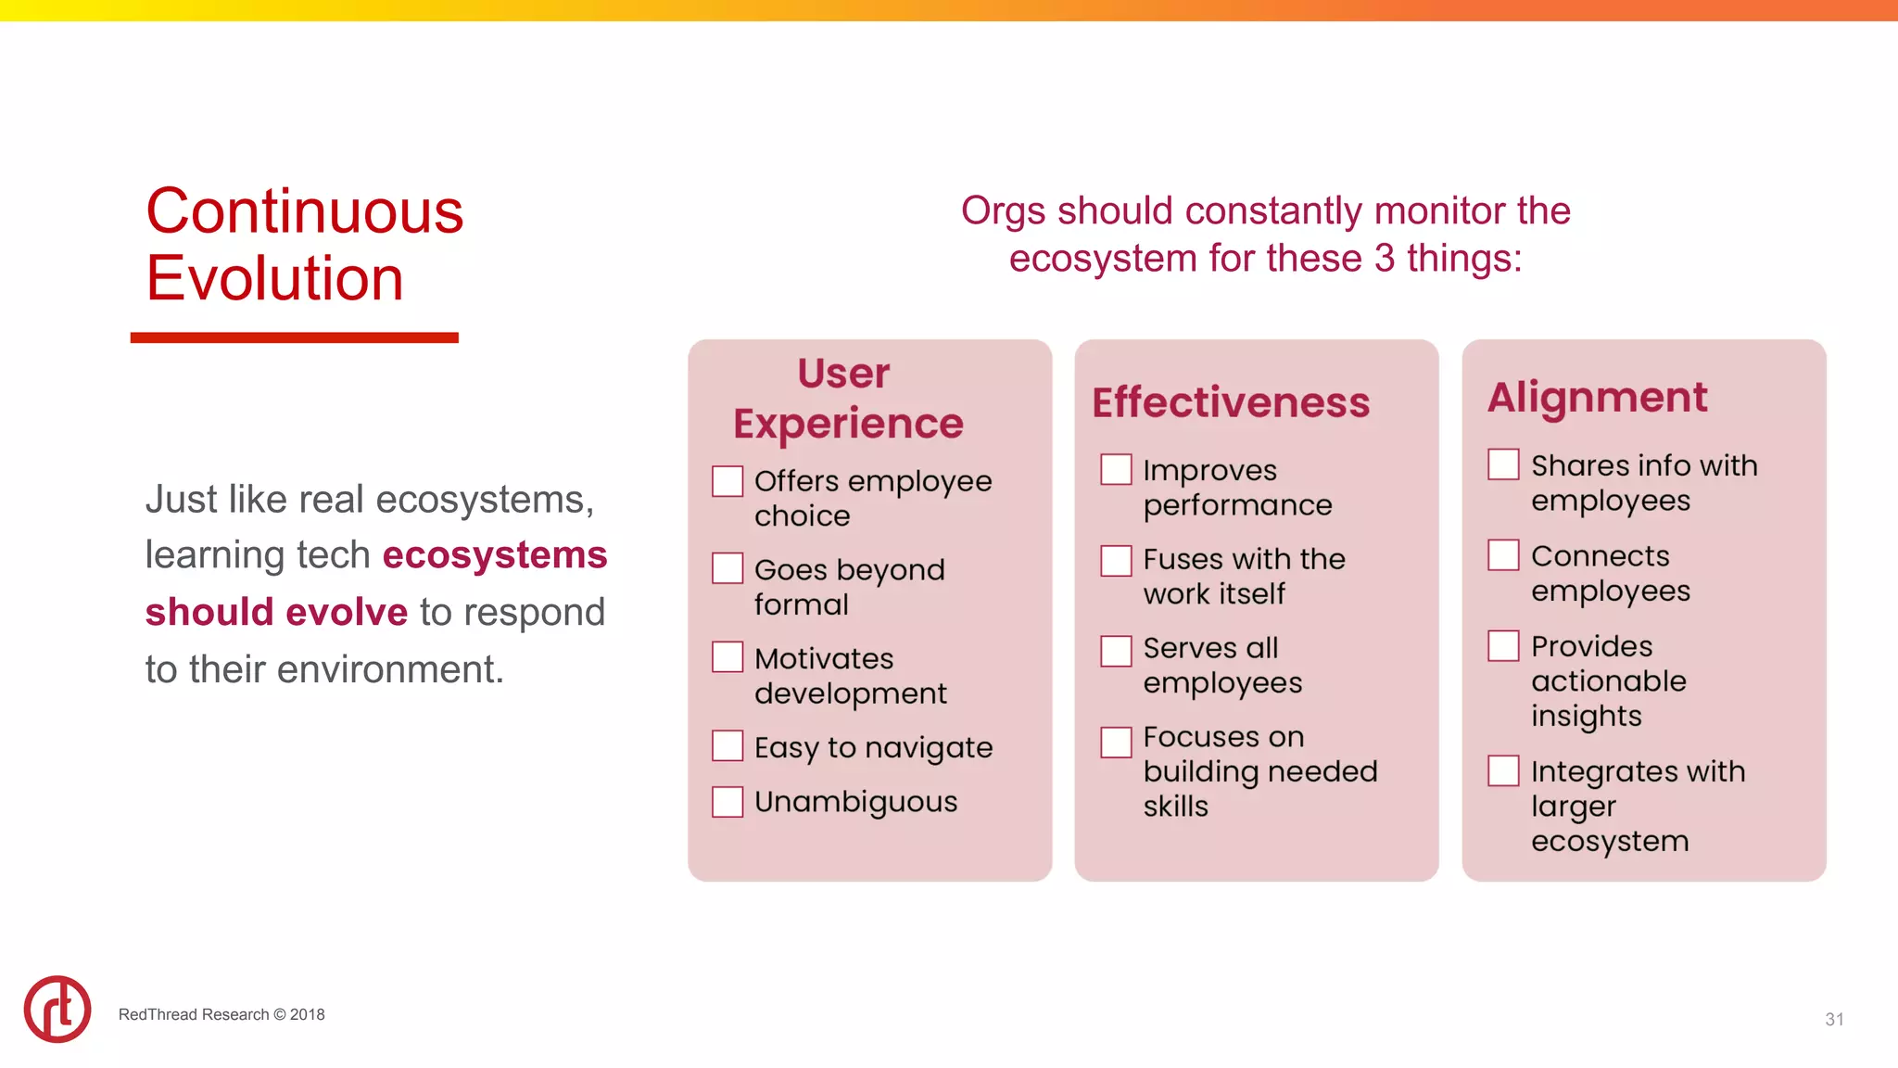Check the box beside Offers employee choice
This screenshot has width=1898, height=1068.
tap(728, 481)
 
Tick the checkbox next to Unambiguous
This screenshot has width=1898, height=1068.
tap(728, 802)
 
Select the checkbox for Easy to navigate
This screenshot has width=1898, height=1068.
tap(728, 745)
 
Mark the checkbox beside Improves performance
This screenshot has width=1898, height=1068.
tap(1116, 469)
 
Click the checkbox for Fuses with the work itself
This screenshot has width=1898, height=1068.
tap(1116, 560)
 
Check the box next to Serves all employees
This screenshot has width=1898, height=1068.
tap(1116, 650)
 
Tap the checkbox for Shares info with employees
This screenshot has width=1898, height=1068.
tap(1503, 464)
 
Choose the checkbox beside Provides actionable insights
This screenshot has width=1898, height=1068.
tap(1503, 645)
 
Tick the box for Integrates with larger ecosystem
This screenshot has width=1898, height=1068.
tap(1503, 770)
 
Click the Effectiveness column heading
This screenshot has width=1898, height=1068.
tap(1231, 402)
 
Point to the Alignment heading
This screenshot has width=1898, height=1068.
tap(1597, 398)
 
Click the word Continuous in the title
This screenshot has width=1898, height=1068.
tap(305, 211)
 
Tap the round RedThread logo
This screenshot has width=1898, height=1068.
tap(57, 1009)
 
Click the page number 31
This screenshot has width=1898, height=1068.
tap(1834, 1019)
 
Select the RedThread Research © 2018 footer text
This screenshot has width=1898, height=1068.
tap(221, 1014)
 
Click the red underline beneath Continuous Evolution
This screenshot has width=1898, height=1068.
tap(295, 337)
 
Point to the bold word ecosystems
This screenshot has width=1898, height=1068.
tap(495, 554)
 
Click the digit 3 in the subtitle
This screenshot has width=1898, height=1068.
tap(1385, 258)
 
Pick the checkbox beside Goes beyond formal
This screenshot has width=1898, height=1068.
tap(728, 568)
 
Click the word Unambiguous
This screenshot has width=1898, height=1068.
tap(855, 802)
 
